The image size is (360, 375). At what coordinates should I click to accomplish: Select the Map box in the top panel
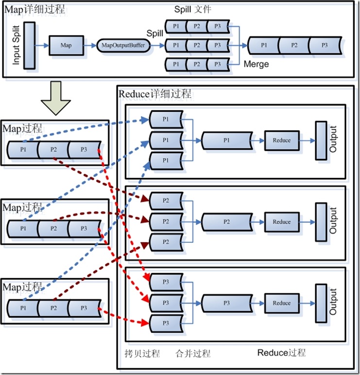click(66, 45)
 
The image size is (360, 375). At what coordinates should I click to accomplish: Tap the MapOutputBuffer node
click(123, 45)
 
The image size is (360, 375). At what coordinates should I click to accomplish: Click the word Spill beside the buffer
click(155, 33)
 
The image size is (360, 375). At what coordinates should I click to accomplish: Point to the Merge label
click(256, 64)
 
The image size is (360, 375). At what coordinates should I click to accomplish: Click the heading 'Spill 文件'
click(193, 9)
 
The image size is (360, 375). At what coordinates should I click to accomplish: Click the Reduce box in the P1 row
click(281, 140)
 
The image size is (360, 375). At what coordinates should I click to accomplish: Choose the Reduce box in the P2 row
click(281, 222)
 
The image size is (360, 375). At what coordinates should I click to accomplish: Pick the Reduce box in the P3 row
click(281, 303)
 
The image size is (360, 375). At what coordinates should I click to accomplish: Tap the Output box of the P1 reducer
click(321, 140)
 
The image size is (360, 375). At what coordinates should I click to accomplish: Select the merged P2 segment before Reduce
click(226, 222)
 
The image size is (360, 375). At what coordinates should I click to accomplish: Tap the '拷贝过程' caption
click(142, 353)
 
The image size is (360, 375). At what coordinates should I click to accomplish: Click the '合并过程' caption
click(193, 353)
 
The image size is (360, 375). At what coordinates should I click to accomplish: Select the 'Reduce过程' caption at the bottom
click(281, 353)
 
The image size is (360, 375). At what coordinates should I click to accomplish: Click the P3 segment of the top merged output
click(325, 45)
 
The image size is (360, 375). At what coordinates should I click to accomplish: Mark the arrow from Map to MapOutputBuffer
click(90, 45)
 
